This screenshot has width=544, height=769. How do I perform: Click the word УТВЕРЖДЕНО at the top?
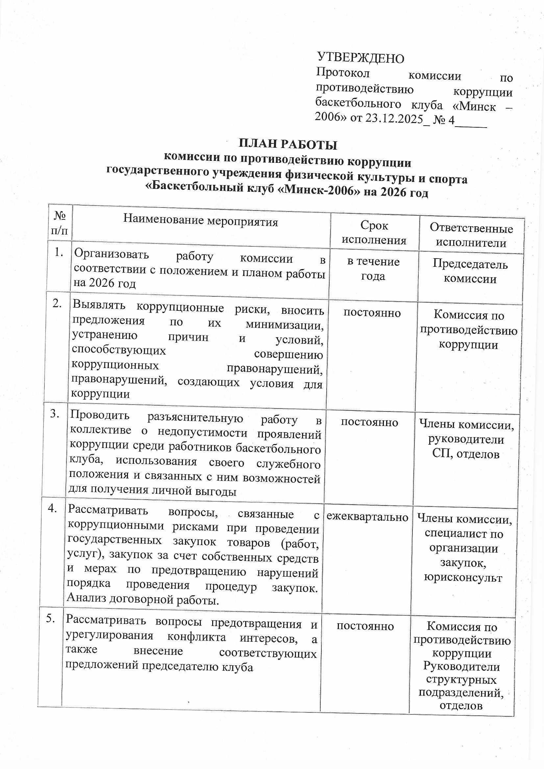(360, 58)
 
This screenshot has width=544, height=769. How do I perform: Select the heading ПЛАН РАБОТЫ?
(288, 144)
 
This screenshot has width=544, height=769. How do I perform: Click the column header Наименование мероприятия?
(201, 221)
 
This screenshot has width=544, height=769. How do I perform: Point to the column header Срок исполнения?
(374, 233)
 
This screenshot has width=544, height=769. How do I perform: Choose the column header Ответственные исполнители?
(471, 236)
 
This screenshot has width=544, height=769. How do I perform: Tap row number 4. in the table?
(53, 508)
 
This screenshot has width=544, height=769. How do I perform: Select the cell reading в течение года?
(373, 269)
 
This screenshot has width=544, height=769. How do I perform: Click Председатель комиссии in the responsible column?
(470, 271)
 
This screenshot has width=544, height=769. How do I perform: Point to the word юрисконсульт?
(463, 578)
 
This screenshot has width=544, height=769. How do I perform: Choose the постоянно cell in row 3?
(369, 422)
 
